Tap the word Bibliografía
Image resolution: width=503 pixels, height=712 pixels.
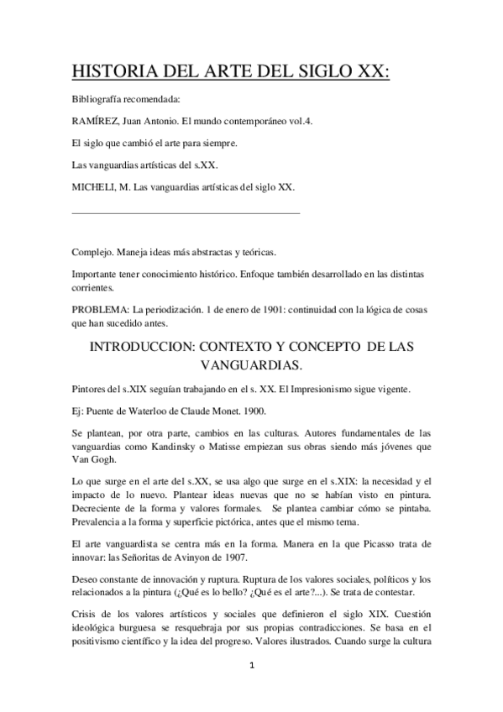pyautogui.click(x=99, y=99)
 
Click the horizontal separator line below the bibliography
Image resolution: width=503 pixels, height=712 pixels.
pyautogui.click(x=186, y=214)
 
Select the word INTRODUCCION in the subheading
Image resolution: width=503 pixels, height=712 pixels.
pyautogui.click(x=148, y=346)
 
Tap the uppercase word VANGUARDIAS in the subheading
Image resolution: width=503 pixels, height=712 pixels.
pyautogui.click(x=251, y=366)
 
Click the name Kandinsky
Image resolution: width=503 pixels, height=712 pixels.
pyautogui.click(x=199, y=446)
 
